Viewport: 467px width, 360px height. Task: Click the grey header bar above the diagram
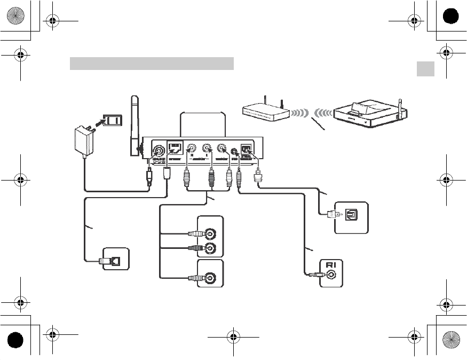point(152,64)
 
